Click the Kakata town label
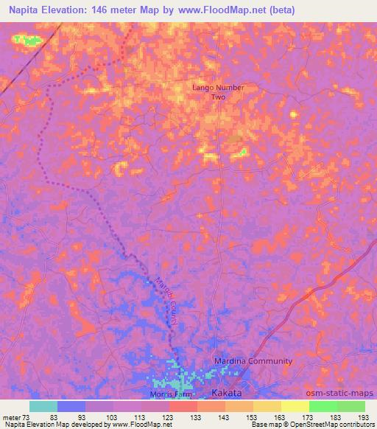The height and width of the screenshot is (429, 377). point(227,392)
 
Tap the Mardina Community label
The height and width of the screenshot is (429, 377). point(253,361)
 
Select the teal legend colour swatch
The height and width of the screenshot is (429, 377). point(43,406)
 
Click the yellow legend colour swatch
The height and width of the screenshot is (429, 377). point(295,406)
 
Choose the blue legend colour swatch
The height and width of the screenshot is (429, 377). point(71,406)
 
